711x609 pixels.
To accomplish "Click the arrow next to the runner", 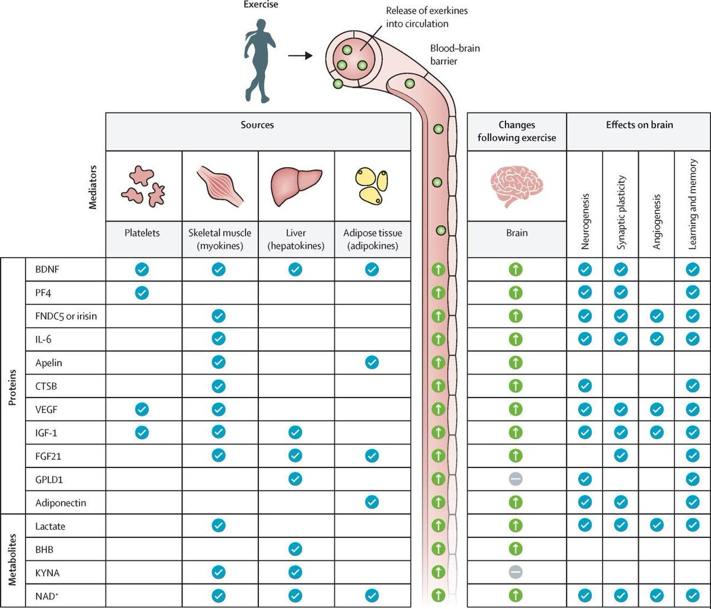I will tap(300, 56).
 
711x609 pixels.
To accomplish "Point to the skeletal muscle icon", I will tap(219, 185).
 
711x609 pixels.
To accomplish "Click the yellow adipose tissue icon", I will tap(371, 185).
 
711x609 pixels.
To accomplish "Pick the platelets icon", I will tap(142, 185).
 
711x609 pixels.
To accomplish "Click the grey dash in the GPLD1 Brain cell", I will tap(515, 479).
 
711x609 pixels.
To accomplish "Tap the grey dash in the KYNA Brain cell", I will tap(515, 572).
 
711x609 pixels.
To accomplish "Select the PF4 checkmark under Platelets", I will tap(142, 292).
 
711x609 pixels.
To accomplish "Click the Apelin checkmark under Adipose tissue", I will tap(371, 362).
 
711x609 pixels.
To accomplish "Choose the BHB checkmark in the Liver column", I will tap(295, 549).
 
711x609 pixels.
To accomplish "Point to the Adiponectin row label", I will tap(60, 502).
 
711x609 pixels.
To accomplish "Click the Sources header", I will tap(258, 126).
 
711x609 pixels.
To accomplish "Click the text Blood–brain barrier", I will tap(455, 54).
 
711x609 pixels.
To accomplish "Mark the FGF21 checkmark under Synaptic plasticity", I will tap(620, 456).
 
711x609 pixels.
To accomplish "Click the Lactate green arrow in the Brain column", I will tap(515, 525).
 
